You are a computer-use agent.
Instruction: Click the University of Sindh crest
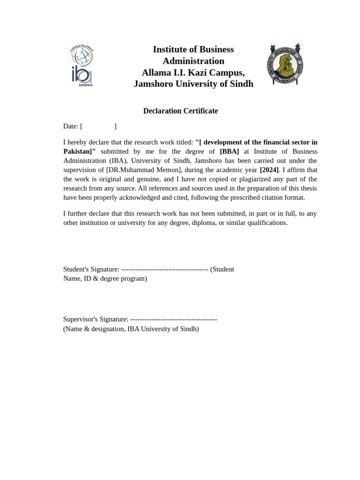point(285,65)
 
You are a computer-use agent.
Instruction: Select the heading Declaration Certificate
point(180,111)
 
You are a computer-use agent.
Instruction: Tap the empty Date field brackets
point(98,126)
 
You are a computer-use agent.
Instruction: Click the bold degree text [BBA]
point(229,151)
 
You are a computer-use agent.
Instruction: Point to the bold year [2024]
point(269,170)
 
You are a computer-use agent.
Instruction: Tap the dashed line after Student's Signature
point(165,269)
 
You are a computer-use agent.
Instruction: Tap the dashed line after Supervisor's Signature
point(173,319)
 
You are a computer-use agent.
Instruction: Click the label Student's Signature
point(91,269)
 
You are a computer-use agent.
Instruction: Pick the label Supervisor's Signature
point(96,319)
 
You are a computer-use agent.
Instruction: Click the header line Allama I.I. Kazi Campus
point(193,73)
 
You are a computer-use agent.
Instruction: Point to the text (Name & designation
point(94,329)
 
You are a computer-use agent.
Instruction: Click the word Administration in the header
point(193,61)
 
